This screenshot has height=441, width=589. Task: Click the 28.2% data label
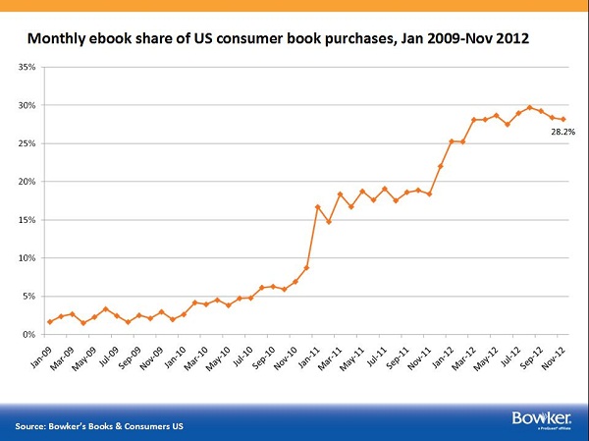(562, 131)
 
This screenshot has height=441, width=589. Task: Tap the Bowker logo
(534, 419)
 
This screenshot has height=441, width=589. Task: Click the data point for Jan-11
(317, 207)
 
